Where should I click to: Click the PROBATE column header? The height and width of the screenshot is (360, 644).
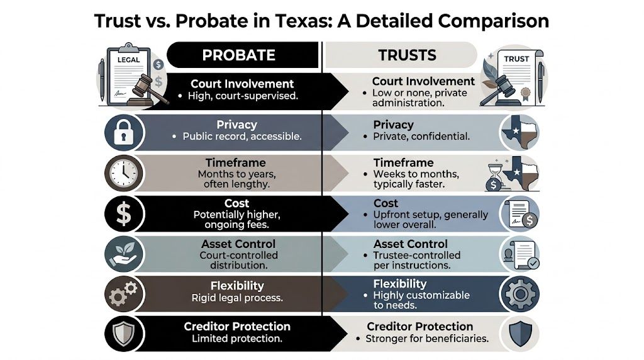click(238, 55)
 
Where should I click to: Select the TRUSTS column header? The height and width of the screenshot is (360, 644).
click(407, 55)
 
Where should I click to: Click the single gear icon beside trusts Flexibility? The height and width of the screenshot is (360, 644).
click(519, 293)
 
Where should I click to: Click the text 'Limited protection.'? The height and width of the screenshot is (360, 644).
click(237, 339)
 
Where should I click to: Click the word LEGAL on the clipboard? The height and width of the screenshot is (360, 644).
click(129, 60)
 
